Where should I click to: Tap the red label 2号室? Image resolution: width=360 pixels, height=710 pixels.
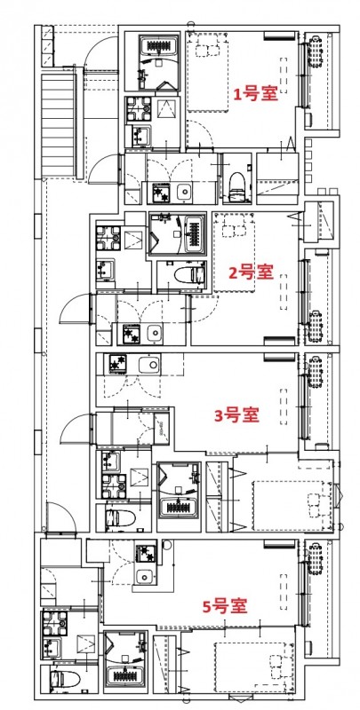point(251,272)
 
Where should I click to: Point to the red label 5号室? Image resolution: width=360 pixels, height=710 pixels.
point(224,606)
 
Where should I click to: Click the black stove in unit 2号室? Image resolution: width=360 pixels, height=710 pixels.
point(131,334)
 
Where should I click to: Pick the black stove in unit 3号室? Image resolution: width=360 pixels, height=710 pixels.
point(117,363)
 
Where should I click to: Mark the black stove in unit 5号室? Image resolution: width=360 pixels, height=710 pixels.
point(144,554)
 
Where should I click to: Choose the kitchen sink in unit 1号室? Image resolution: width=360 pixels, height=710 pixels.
point(185,193)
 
